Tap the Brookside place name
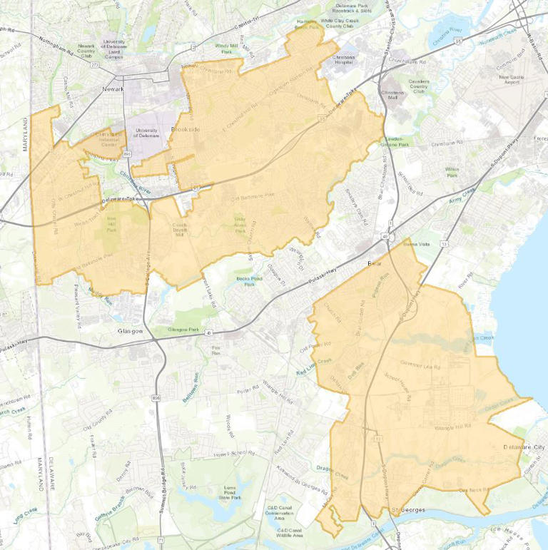click(x=184, y=130)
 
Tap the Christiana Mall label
click(x=393, y=96)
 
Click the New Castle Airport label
click(x=511, y=80)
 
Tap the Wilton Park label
click(x=451, y=171)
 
